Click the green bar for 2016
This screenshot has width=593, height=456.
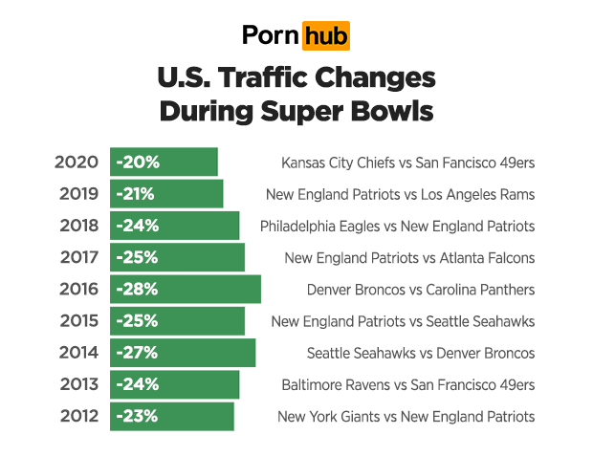point(186,289)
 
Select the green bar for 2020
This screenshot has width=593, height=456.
point(164,162)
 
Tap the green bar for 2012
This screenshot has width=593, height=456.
point(172,416)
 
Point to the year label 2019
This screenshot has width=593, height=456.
point(77,194)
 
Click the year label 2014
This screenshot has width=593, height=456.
point(77,353)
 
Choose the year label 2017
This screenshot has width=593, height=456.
point(77,257)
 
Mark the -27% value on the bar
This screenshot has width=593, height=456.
point(137,353)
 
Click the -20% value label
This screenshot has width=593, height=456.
point(137,162)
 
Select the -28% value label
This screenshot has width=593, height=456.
point(137,289)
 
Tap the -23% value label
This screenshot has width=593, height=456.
point(137,416)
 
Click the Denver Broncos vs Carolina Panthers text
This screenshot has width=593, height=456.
point(420,290)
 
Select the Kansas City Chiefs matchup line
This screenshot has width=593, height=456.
point(407,163)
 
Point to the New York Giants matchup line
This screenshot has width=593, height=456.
point(406,417)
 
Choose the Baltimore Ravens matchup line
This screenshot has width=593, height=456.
point(407,385)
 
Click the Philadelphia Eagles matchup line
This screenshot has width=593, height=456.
point(397,227)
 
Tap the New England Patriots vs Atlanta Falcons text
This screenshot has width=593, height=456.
point(409,258)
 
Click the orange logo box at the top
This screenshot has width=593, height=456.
point(325,35)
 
